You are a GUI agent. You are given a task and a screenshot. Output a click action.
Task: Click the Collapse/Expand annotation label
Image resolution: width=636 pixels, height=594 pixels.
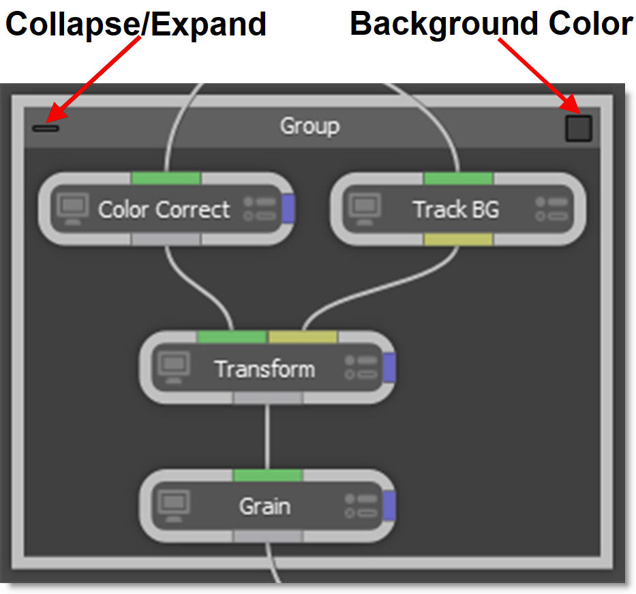[136, 25]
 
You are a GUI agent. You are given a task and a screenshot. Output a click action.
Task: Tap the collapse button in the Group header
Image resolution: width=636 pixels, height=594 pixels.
[46, 128]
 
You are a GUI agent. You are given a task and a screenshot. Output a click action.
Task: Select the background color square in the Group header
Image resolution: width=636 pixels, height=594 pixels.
[578, 128]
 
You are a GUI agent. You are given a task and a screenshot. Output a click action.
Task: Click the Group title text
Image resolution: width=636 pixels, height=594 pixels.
[309, 126]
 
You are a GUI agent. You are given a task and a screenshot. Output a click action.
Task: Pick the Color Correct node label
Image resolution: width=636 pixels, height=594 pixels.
[164, 209]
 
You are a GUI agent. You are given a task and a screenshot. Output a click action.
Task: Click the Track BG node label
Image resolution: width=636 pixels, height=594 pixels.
[455, 209]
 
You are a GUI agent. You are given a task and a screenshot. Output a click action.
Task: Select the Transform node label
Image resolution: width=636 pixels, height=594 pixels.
[264, 369]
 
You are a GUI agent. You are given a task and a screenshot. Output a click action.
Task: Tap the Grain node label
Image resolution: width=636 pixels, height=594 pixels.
[264, 506]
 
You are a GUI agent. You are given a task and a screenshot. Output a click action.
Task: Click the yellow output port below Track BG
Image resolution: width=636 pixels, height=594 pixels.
[458, 239]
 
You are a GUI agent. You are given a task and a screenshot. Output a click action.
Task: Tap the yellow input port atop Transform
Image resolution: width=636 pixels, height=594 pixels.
[303, 337]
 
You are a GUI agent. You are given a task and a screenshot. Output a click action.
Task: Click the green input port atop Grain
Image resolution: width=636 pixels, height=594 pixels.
[267, 475]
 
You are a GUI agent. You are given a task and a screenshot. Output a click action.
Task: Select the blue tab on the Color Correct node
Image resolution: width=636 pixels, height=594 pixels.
[288, 208]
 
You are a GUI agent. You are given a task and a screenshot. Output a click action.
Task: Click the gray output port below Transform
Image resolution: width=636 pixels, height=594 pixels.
[267, 398]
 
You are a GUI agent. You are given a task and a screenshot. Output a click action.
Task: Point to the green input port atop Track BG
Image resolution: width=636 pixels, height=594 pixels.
[458, 178]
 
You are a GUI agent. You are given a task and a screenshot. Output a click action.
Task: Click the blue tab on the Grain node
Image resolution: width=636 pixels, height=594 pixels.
[389, 505]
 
